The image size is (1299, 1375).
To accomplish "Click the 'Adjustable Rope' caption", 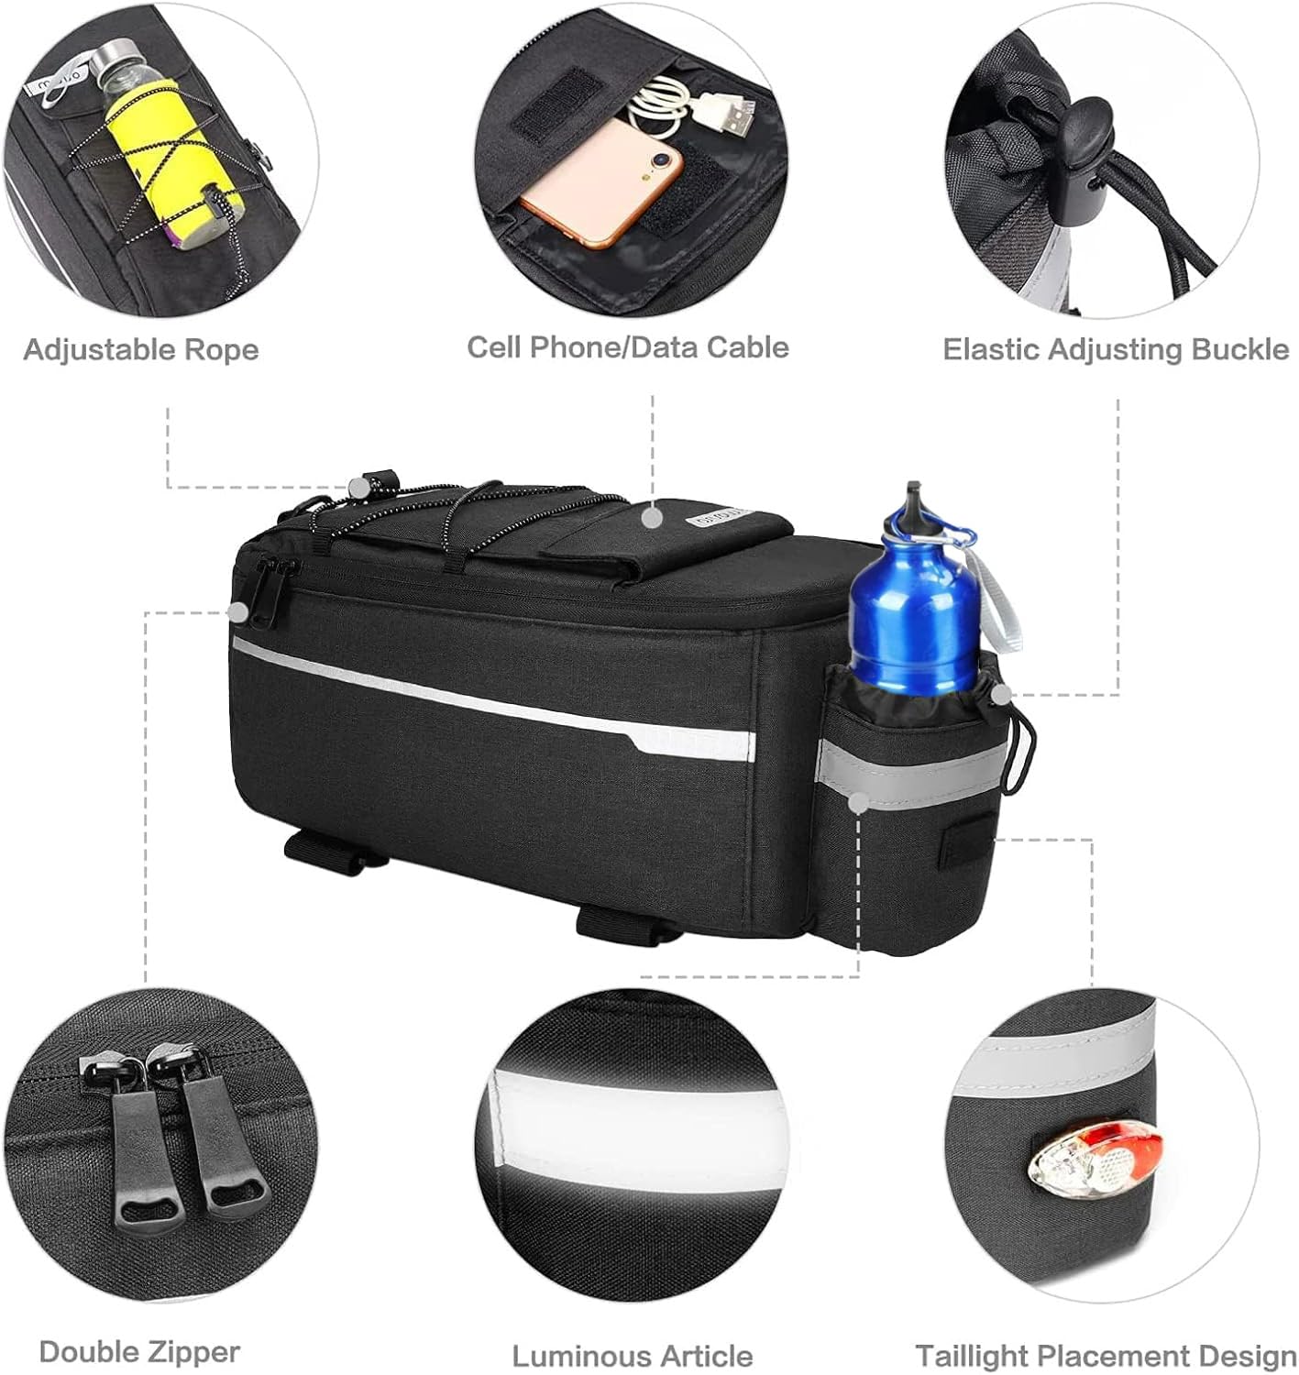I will coord(141,349).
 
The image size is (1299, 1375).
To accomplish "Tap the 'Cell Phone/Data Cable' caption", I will coord(627,346).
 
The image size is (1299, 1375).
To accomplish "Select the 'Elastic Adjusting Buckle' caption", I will coord(1116,349).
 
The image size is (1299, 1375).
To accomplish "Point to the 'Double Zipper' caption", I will coord(139,1351).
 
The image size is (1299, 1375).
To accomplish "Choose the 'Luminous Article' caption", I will coord(632,1356).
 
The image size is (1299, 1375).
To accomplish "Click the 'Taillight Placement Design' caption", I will coord(1106,1356).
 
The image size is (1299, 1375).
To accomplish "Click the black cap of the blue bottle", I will coord(909,500).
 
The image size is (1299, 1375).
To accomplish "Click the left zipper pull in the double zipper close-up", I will coord(138,1148).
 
